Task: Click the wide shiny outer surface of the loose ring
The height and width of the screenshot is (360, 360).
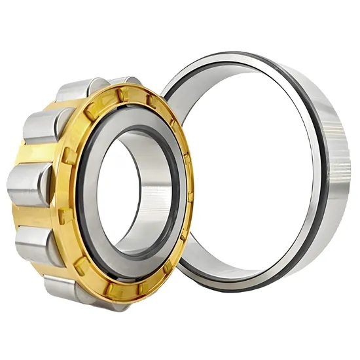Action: (334, 151)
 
